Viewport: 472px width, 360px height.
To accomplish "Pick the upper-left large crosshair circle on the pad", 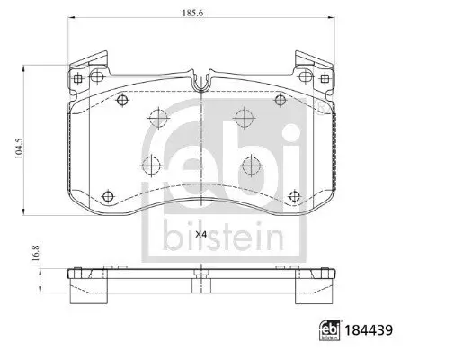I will [x=158, y=117].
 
